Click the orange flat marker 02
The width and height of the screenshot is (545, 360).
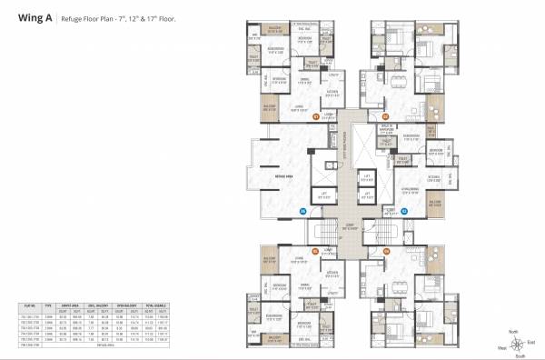point(384,116)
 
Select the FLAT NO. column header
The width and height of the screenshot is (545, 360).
point(32,307)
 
